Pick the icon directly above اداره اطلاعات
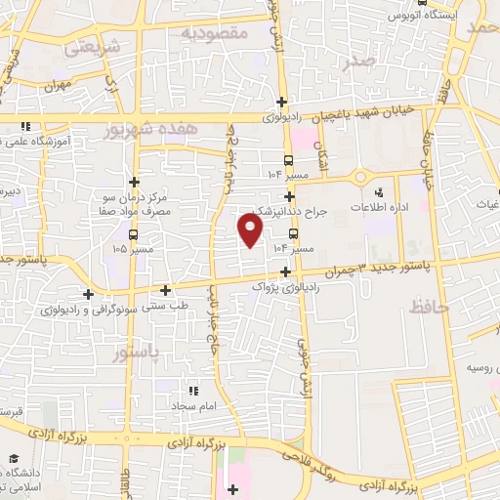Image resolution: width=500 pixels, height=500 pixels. pos(395,191)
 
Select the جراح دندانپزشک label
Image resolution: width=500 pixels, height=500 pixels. pos(294,210)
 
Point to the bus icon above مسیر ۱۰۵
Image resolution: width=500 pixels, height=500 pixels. pos(133,234)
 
